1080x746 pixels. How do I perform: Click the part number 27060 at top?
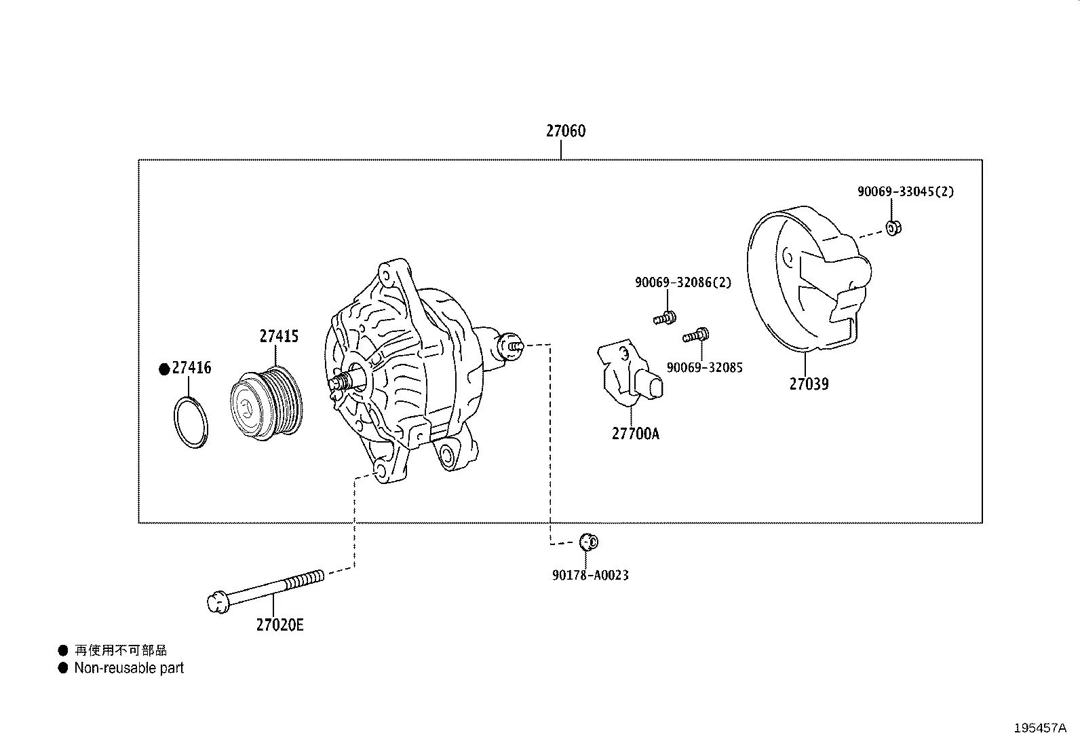tap(565, 131)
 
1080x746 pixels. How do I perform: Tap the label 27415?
tap(279, 336)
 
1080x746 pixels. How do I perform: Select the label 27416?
tap(191, 368)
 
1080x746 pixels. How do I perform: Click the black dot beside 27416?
tap(163, 369)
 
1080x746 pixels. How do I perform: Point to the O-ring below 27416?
tap(191, 422)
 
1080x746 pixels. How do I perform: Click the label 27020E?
tap(279, 624)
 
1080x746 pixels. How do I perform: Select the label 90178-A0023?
tap(590, 575)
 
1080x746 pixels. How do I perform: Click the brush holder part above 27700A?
tap(628, 374)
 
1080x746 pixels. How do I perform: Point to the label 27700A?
tap(635, 433)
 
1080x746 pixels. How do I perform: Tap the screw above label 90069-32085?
tap(697, 335)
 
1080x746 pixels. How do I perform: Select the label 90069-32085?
tap(704, 367)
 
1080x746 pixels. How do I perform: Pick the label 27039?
tap(809, 384)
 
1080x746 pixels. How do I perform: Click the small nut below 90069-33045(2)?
tap(893, 227)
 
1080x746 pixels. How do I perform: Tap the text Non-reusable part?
tap(129, 668)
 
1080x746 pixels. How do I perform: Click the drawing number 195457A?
tap(1040, 728)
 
